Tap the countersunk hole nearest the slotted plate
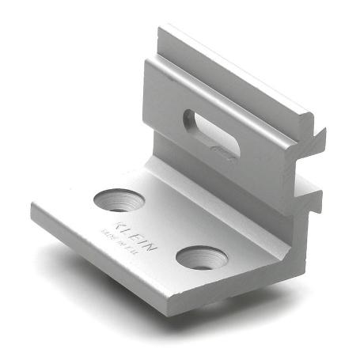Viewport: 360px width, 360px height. (x=117, y=199)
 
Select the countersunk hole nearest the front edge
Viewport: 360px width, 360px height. (x=198, y=257)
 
